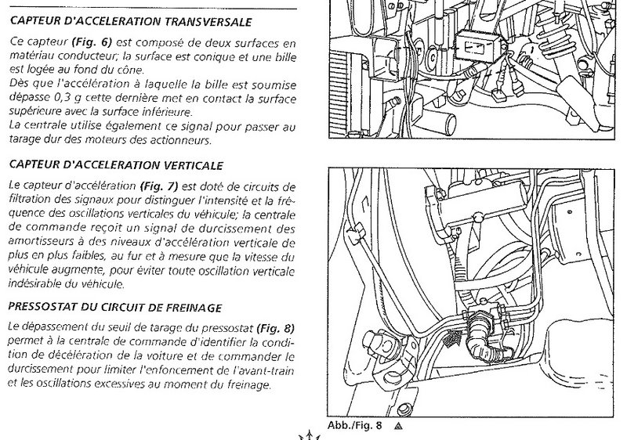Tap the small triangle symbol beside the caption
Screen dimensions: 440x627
(x=398, y=427)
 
